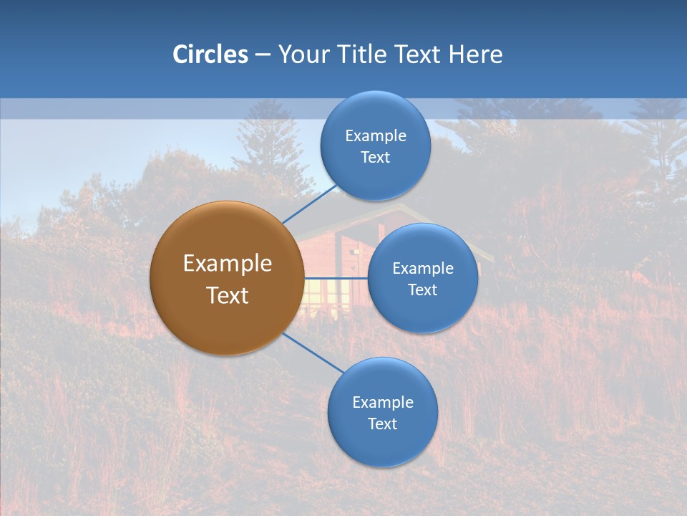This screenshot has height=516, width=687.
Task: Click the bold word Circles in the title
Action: (210, 54)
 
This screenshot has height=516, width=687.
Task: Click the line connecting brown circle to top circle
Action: (309, 203)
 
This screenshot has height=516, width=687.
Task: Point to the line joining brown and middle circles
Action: (336, 277)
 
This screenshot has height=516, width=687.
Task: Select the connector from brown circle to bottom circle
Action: (313, 353)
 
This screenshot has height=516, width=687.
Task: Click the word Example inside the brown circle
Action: (227, 264)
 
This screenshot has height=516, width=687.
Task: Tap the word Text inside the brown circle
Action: (227, 295)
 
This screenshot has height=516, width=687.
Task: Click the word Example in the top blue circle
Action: (375, 135)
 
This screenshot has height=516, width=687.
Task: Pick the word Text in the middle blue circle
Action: (422, 290)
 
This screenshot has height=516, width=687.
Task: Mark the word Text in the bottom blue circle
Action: (382, 424)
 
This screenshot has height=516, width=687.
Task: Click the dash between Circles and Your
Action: (263, 54)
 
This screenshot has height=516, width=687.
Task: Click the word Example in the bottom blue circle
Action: (382, 402)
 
